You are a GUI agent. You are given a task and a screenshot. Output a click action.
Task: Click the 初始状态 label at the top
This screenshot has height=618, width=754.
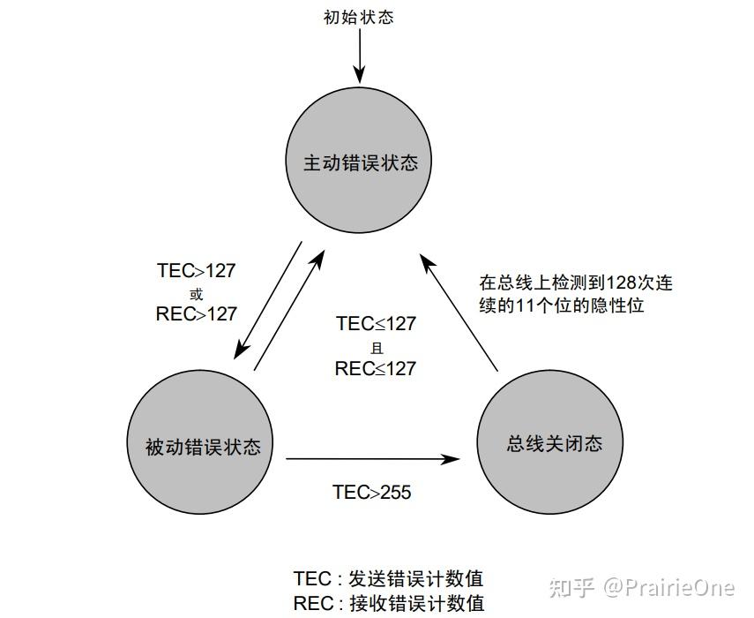(358, 18)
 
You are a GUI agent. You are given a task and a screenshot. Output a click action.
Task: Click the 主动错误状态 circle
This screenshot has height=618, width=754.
(361, 163)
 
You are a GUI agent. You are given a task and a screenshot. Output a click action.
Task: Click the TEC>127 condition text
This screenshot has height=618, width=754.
(196, 271)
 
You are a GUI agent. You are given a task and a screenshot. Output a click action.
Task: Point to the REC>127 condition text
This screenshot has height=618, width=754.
(196, 314)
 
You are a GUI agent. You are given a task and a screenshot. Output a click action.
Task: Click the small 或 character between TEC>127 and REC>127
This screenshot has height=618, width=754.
(196, 293)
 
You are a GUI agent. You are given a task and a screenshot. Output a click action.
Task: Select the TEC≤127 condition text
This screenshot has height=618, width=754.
(376, 324)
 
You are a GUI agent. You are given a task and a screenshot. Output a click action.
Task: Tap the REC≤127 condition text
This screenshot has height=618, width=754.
(375, 368)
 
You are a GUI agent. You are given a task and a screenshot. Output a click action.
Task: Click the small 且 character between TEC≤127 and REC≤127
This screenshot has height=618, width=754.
(377, 347)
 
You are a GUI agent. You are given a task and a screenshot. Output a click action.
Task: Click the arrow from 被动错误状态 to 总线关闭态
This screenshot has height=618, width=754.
(373, 458)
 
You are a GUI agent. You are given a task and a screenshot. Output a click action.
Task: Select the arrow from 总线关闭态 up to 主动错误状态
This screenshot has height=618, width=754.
(459, 313)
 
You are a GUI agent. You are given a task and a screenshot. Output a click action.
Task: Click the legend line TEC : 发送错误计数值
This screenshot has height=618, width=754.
(389, 579)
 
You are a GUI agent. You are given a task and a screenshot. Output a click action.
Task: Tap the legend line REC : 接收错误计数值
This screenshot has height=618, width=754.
(389, 604)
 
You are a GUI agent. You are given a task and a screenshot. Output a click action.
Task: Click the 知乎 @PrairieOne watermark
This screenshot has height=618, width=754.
(642, 586)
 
